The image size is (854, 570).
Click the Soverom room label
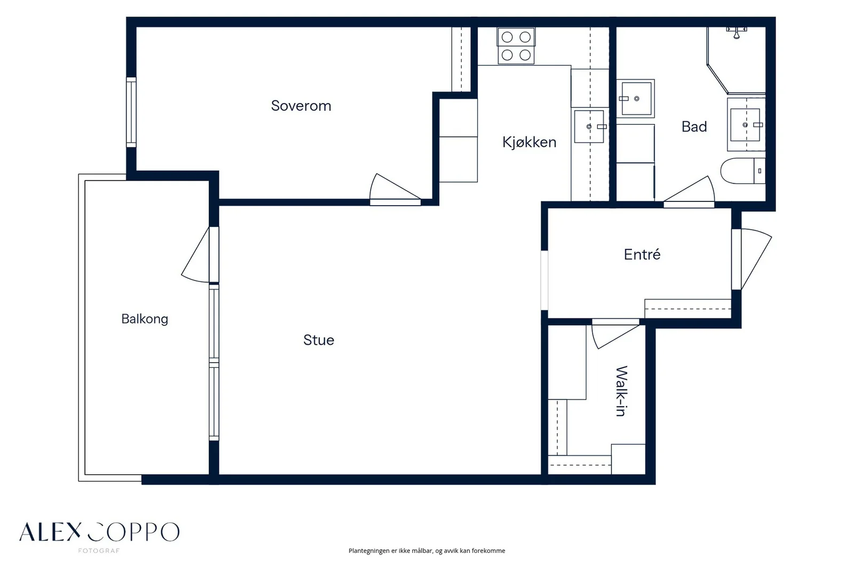point(301,106)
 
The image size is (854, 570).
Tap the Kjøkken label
point(529,142)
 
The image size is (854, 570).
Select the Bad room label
point(694,127)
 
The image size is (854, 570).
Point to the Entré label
point(642,254)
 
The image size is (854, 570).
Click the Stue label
point(319,340)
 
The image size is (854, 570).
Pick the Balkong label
point(145,319)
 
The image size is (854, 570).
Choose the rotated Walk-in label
point(622,391)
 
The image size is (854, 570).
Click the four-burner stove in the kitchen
point(516,46)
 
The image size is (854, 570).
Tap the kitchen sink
point(589,126)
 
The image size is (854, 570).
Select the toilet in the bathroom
point(742,171)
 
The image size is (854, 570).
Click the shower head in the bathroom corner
point(737,33)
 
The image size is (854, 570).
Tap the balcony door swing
point(195,255)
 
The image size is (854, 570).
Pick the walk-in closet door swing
point(614,335)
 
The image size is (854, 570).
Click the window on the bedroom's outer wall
point(131,112)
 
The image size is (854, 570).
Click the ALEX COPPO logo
point(99,532)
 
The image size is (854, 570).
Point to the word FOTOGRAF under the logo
point(99,551)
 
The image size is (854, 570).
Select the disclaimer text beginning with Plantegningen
point(426,551)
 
